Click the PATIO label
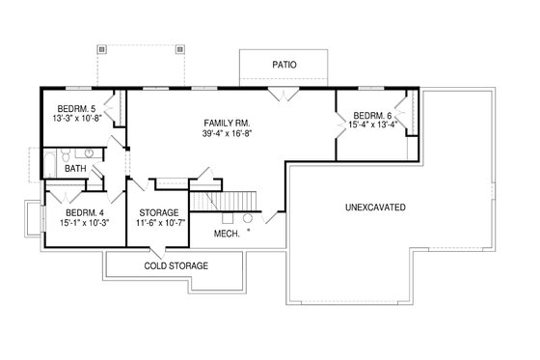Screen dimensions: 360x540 (x=283, y=65)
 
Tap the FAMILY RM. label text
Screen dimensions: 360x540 (x=228, y=123)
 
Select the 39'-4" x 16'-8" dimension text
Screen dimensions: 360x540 (x=228, y=135)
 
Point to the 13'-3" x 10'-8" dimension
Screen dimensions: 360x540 (x=77, y=118)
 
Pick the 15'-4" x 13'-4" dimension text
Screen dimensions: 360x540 (x=373, y=124)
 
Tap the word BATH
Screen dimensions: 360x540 (x=75, y=169)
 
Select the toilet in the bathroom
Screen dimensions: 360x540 (x=65, y=154)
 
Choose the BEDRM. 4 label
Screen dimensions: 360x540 (x=85, y=213)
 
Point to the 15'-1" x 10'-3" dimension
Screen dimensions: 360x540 (x=85, y=224)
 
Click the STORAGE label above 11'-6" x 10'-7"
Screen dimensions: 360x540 (x=159, y=213)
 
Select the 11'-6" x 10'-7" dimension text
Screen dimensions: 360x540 (x=159, y=224)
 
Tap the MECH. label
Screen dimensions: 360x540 (x=228, y=233)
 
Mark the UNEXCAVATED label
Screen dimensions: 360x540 (x=374, y=208)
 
